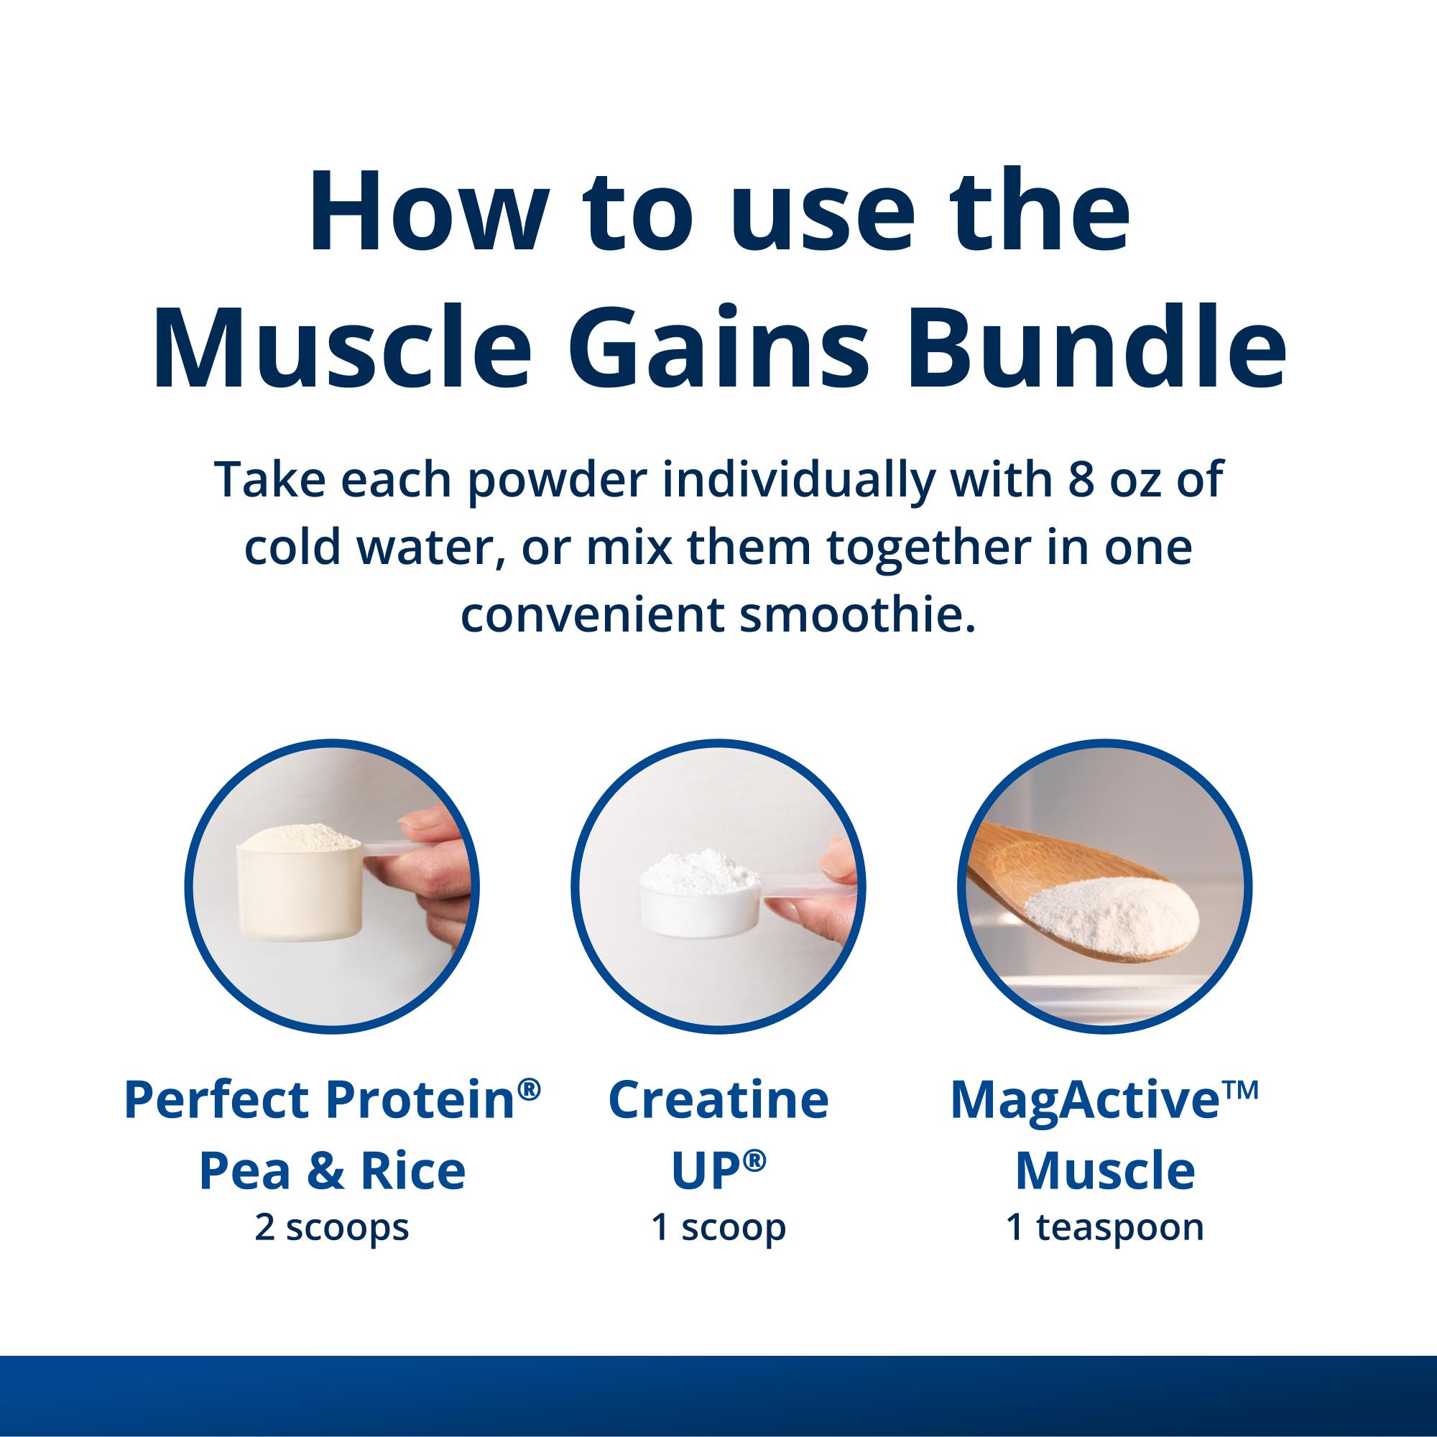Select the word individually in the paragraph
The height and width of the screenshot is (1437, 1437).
pyautogui.click(x=798, y=480)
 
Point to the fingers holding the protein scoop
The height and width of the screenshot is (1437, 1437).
pyautogui.click(x=431, y=878)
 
